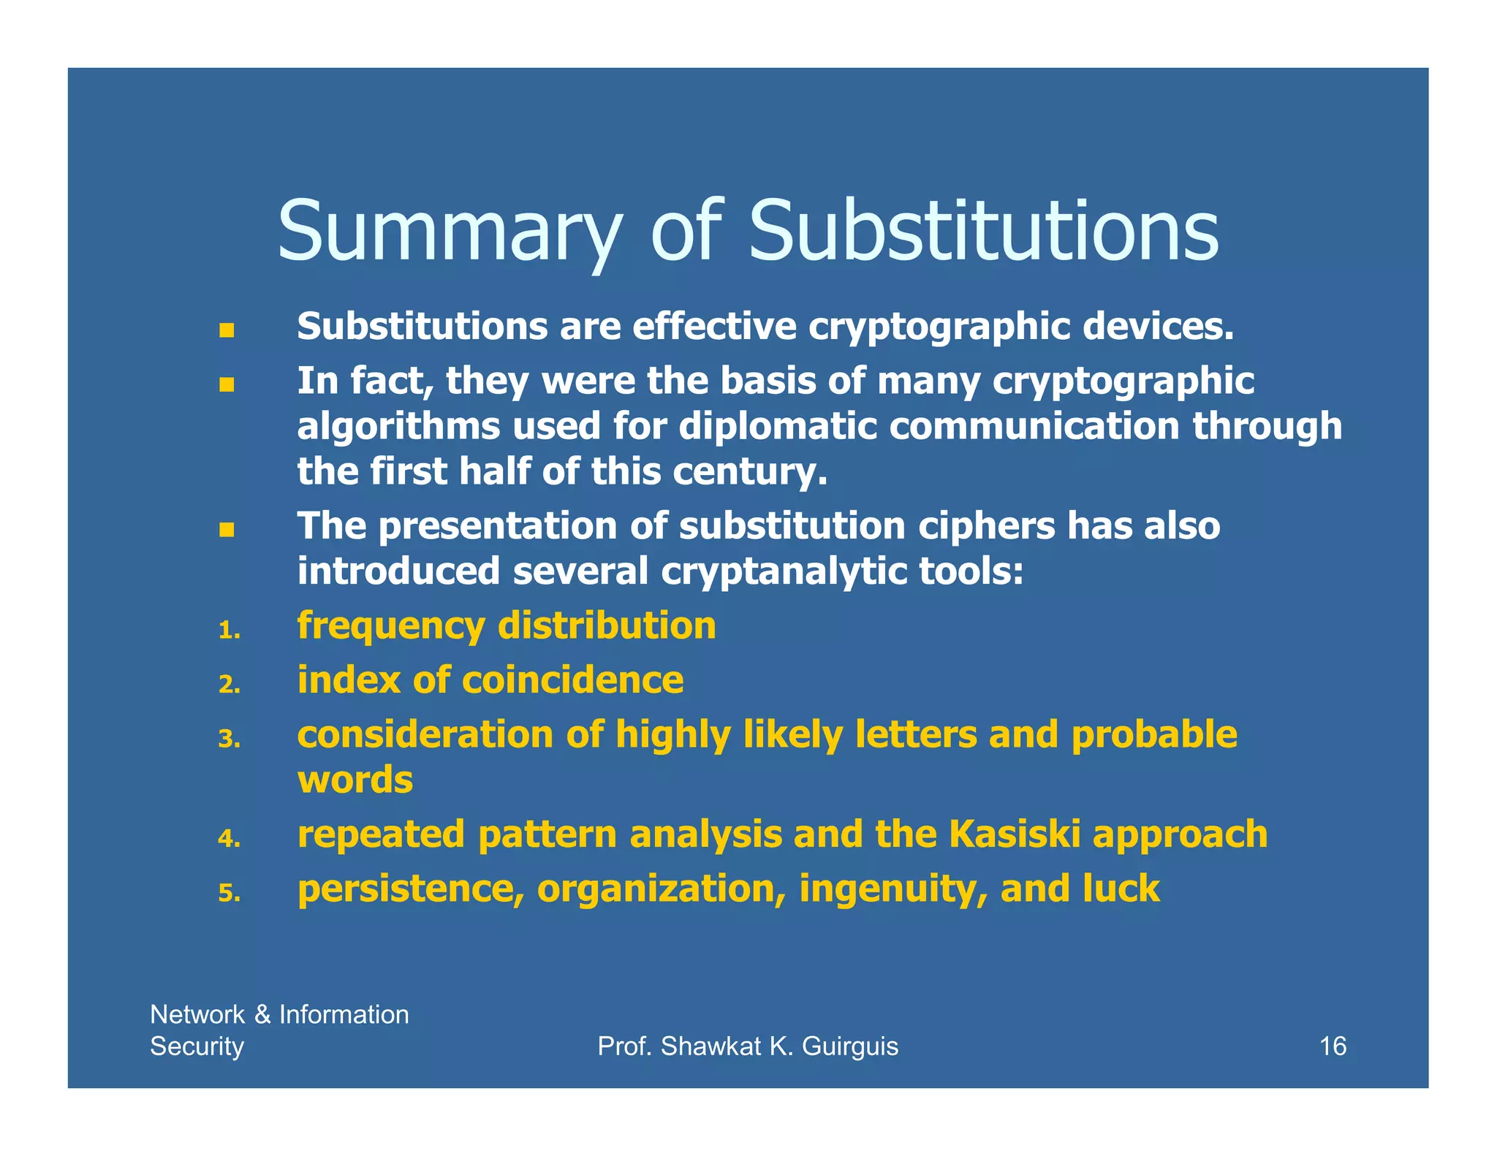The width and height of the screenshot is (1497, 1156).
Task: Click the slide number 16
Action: coord(1332,1046)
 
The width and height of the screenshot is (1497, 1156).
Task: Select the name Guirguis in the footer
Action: coord(850,1046)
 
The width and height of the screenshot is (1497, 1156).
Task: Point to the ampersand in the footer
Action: coord(262,1014)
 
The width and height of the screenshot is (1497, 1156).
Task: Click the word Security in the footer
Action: coord(197,1046)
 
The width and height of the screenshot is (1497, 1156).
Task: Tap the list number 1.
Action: coord(229,630)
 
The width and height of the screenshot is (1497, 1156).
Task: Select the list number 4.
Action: coord(229,838)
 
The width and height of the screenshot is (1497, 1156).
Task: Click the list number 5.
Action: coord(229,893)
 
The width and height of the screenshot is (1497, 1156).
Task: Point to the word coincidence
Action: coord(572,680)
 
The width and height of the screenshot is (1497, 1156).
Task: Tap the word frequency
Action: coord(391,627)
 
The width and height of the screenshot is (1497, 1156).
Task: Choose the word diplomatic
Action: coord(778,426)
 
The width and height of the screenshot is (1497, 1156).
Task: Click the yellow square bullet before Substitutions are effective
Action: coord(227,330)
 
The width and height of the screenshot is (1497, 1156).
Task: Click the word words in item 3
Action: coord(355,780)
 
